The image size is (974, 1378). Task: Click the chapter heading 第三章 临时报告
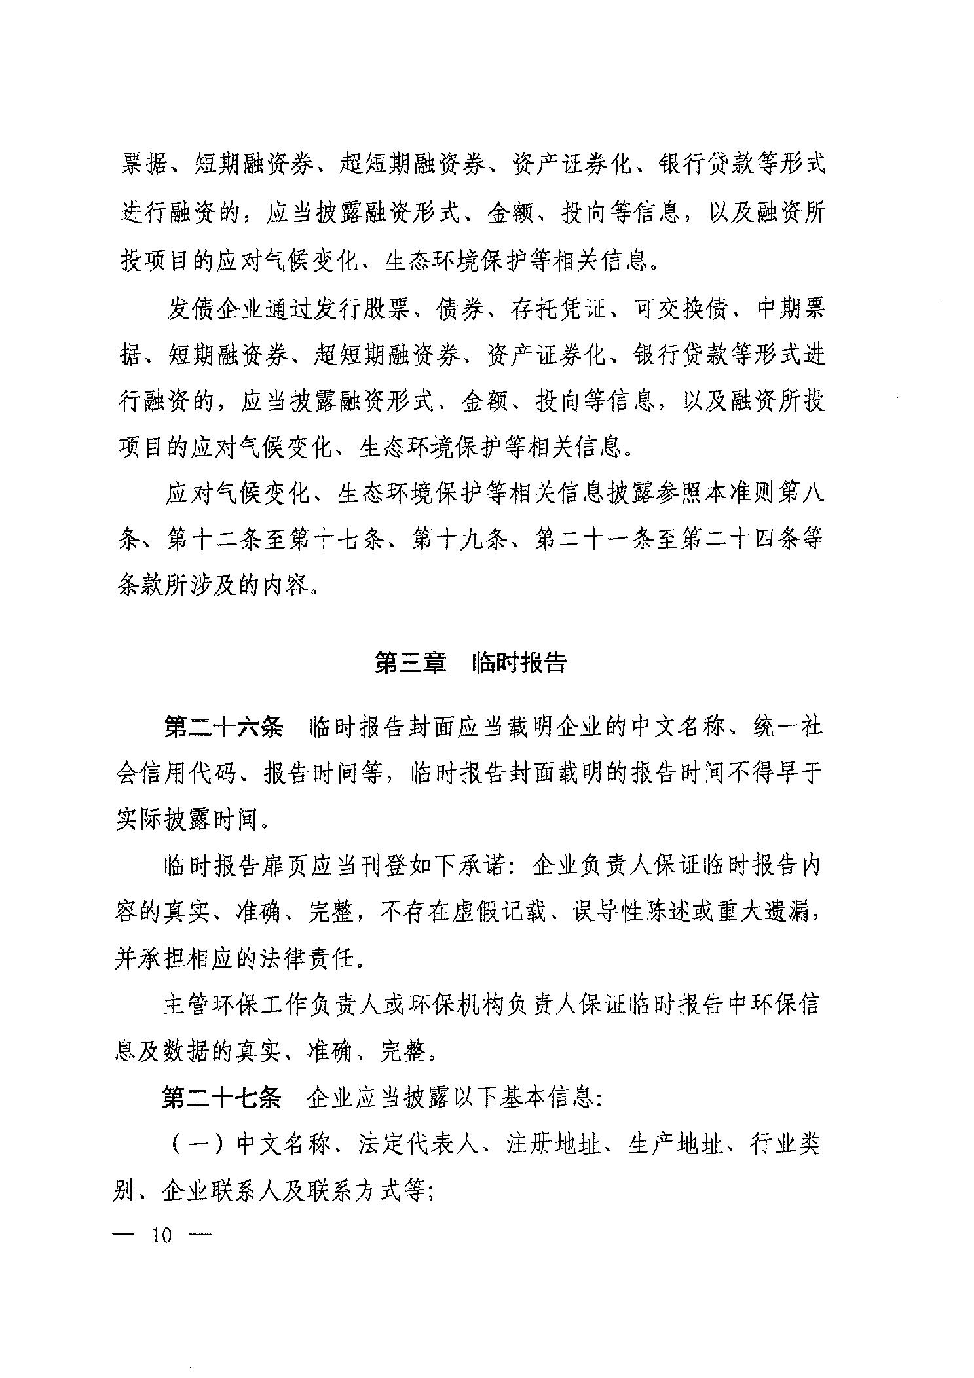point(470,663)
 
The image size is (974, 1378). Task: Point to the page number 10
point(161,1235)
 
